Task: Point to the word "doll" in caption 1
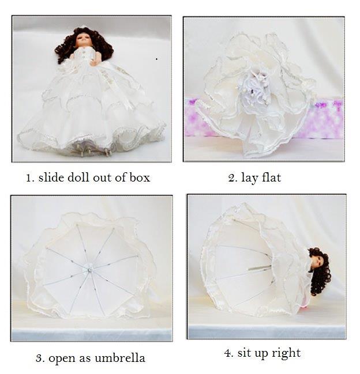click(78, 177)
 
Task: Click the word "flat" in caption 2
click(271, 177)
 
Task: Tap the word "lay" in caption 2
click(250, 179)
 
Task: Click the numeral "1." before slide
click(31, 178)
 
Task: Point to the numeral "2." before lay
click(232, 178)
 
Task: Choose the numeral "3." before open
click(40, 358)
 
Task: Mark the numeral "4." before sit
click(229, 353)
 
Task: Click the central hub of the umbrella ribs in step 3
click(90, 270)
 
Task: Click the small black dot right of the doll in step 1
click(156, 59)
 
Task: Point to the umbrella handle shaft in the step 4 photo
click(260, 267)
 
